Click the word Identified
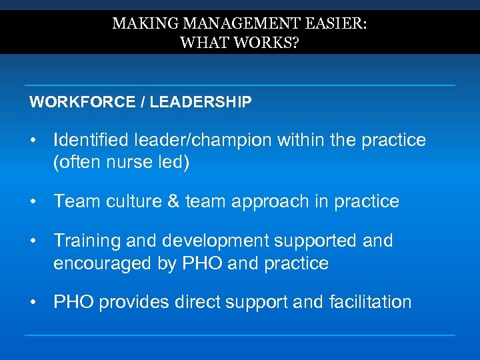pos(91,140)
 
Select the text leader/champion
pos(203,140)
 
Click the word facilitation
pos(370,302)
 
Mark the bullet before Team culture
pos(33,201)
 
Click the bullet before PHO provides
pos(33,302)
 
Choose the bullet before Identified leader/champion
pos(33,140)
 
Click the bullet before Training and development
pos(33,240)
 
